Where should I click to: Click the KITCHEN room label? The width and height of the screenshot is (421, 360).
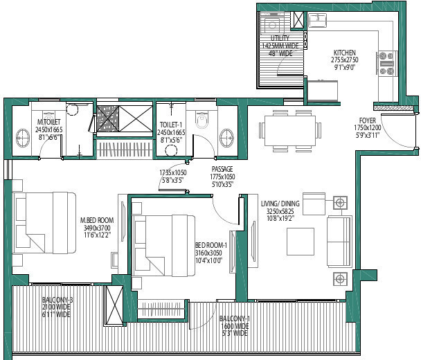point(344,53)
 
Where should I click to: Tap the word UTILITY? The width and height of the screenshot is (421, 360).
point(280,39)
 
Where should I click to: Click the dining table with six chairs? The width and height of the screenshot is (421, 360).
point(288,129)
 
